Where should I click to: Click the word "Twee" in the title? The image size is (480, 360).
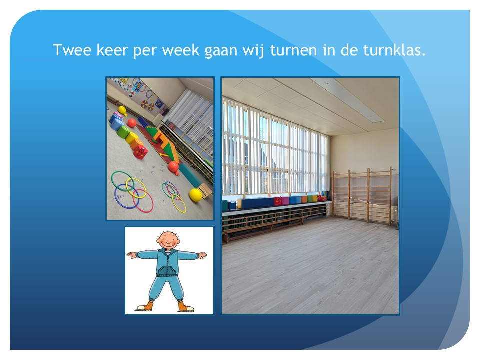tap(72, 50)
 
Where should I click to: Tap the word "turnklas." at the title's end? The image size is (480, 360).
tap(394, 50)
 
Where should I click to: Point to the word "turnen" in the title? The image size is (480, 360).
tap(293, 50)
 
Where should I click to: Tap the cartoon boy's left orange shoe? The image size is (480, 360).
tap(145, 306)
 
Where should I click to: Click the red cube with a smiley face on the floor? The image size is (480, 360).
tap(140, 152)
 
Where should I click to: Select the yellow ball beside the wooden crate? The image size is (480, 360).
tap(195, 195)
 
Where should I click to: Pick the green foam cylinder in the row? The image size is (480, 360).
tap(123, 132)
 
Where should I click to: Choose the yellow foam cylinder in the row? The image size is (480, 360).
tap(131, 138)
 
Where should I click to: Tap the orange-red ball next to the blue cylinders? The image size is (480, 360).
tap(132, 123)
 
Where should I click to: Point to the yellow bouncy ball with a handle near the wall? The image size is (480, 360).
tap(123, 111)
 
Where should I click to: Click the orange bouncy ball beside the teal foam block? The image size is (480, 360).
tap(173, 168)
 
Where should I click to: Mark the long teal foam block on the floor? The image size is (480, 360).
tap(190, 175)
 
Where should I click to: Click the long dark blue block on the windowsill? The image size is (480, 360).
tap(255, 203)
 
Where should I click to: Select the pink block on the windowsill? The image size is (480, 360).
tap(285, 201)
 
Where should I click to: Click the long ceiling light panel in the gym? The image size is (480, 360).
tap(346, 99)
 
